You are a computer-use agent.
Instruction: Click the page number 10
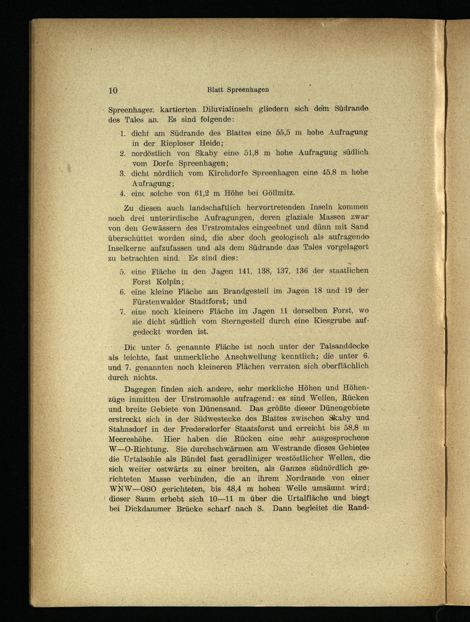(113, 90)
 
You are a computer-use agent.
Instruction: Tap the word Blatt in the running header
(215, 90)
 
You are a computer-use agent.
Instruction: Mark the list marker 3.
(122, 173)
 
